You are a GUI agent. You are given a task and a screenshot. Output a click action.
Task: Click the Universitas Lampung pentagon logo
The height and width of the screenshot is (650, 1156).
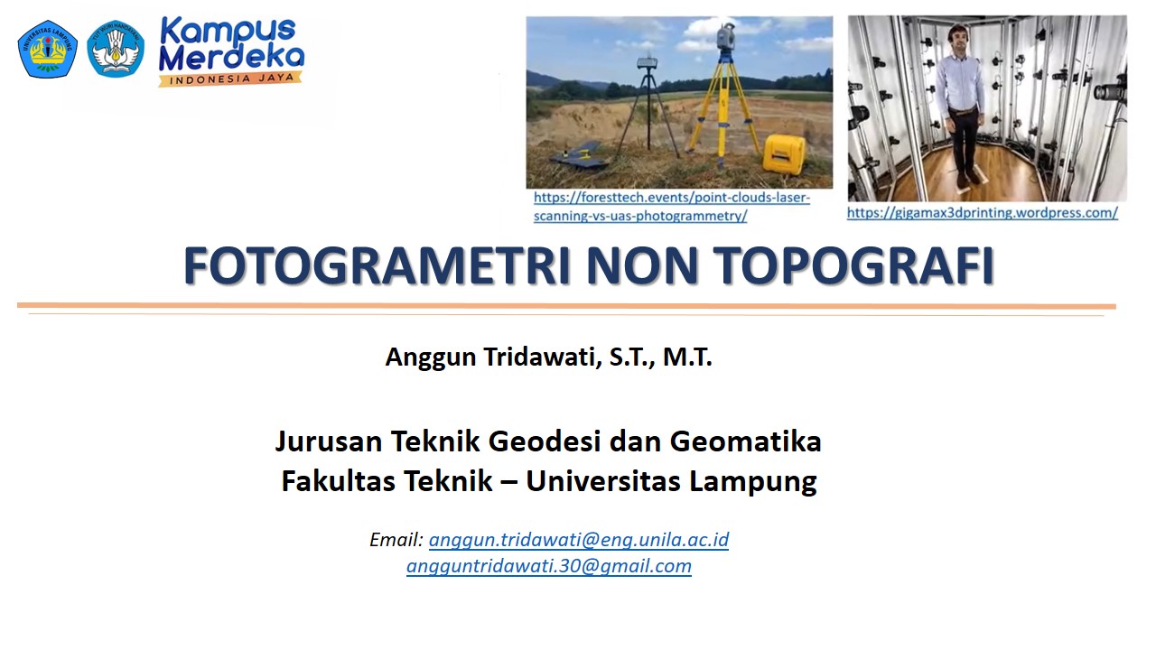coord(47,49)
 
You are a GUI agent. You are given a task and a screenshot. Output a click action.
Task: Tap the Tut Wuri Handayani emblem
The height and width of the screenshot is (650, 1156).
coord(116,49)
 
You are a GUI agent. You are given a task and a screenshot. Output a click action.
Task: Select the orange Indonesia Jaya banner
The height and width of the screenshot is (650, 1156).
coord(229,79)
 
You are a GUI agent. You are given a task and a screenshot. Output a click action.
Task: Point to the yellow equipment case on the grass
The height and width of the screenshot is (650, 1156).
coord(782,153)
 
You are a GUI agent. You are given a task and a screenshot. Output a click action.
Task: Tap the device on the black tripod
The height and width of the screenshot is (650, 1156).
coord(647,63)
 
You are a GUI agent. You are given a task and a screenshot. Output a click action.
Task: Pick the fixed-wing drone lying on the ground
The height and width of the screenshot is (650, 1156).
coord(579,159)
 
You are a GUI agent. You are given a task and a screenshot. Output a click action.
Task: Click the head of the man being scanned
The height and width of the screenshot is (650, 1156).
coord(957,38)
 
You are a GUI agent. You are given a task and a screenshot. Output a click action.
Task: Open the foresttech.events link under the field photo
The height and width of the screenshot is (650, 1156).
coord(671,207)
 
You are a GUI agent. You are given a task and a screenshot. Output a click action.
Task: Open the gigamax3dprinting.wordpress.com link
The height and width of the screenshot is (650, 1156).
coord(982,213)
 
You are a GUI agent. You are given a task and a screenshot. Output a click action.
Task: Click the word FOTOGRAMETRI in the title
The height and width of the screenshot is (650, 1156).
coord(378,265)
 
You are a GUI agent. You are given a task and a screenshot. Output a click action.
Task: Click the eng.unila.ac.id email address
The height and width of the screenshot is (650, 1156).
coord(578,540)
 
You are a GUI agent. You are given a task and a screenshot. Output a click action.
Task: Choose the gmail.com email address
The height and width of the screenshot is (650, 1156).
coord(548,566)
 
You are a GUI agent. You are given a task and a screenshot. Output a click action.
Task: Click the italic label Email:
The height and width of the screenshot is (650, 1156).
coord(396,540)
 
